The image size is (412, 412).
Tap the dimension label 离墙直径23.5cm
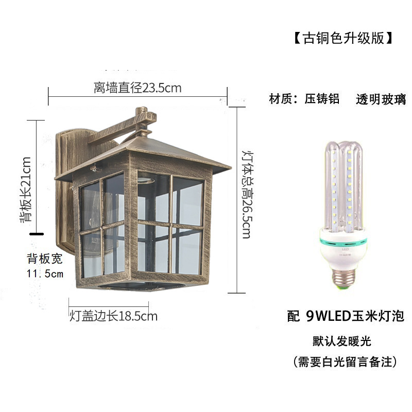(x=138, y=88)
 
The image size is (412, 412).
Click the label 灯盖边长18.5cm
(x=113, y=316)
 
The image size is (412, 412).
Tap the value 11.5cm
(x=45, y=273)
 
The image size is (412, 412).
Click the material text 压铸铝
(x=322, y=99)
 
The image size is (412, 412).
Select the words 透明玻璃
(x=381, y=99)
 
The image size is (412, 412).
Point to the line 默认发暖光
(x=342, y=341)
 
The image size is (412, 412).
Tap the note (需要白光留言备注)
(x=345, y=362)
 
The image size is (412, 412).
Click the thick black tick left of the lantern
(x=36, y=233)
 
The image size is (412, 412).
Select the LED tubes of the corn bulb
(x=344, y=185)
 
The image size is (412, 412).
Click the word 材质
(x=281, y=99)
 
